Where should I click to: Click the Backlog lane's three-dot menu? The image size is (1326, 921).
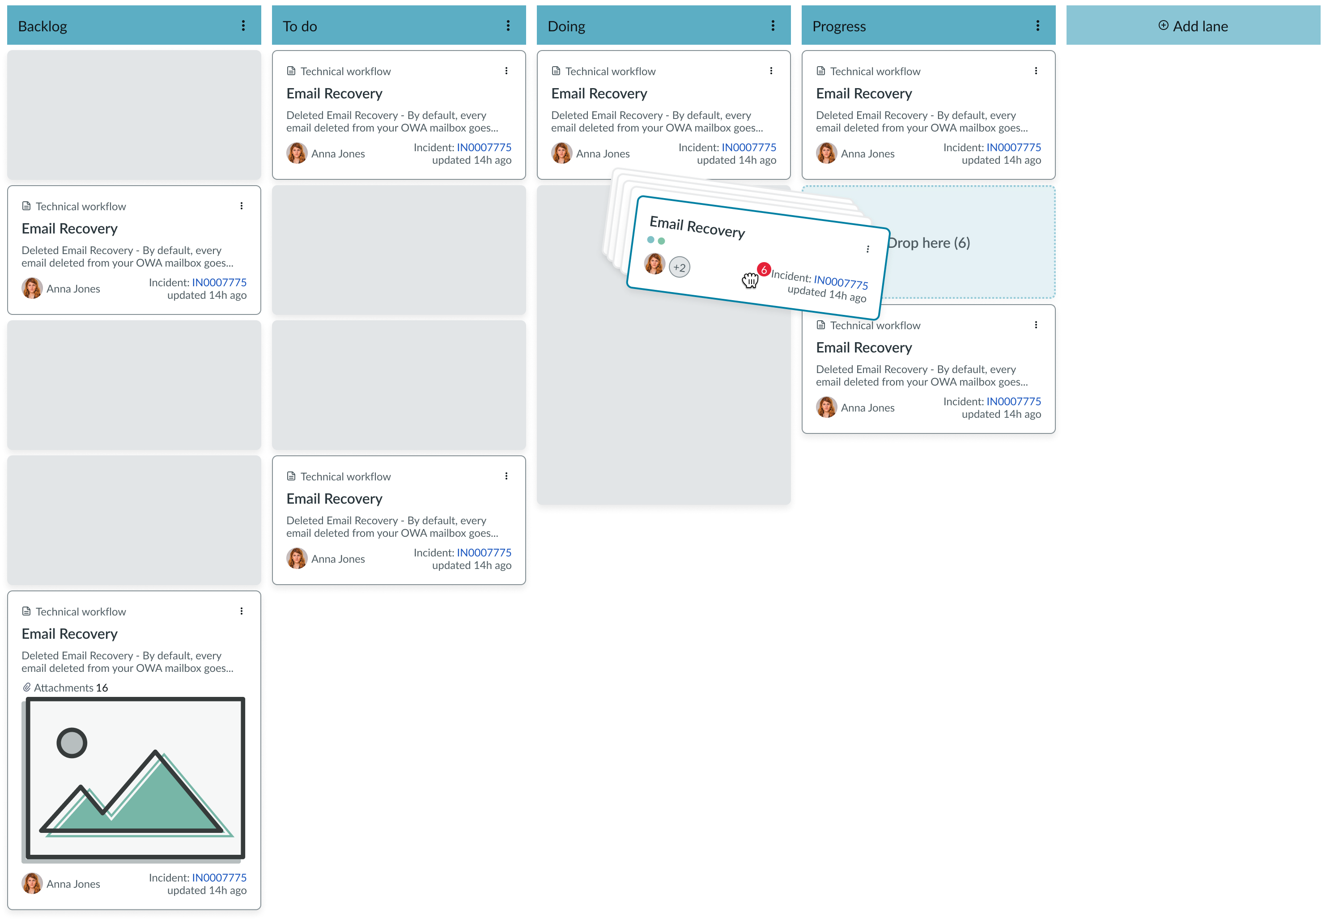[x=243, y=25]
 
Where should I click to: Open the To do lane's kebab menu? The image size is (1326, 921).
[x=508, y=25]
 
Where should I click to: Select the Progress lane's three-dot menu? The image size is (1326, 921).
[x=1037, y=25]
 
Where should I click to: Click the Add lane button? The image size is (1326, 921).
[x=1193, y=26]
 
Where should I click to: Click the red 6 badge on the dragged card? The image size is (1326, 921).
[x=764, y=269]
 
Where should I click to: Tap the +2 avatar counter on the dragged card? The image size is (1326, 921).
[x=679, y=267]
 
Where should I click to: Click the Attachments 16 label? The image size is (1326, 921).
[x=70, y=688]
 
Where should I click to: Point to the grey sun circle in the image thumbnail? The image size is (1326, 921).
[x=72, y=743]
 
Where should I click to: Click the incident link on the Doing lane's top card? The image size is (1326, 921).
[x=748, y=147]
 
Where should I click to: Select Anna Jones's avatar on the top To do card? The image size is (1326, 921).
[x=297, y=153]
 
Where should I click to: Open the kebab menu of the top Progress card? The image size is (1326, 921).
[x=1036, y=70]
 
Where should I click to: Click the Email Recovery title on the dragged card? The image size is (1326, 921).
[x=697, y=227]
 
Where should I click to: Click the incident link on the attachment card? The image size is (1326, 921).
[x=219, y=877]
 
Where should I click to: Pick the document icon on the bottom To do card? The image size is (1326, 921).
[x=291, y=476]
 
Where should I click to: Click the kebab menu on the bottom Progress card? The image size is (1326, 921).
[x=1036, y=325]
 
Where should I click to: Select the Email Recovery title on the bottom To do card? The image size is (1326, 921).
[x=334, y=499]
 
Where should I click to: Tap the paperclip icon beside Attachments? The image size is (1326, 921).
[x=26, y=688]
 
